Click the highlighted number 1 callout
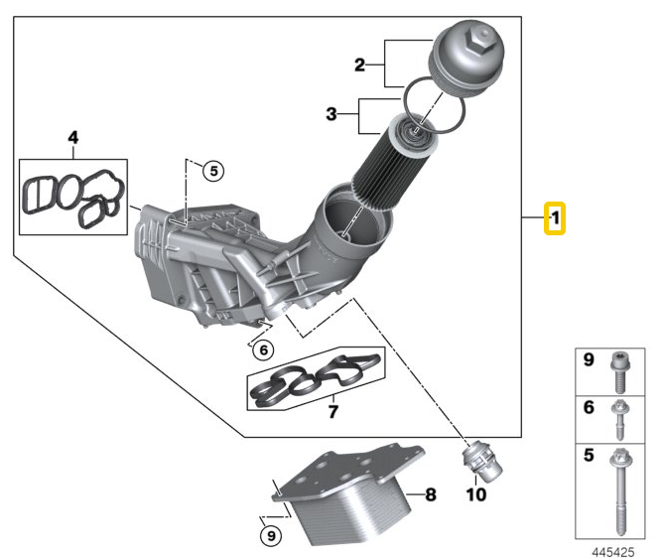click(555, 216)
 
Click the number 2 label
click(359, 66)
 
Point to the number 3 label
click(331, 115)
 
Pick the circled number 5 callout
click(213, 171)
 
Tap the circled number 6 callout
click(261, 349)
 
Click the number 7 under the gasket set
click(333, 410)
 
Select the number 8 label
click(430, 493)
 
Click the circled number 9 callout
click(270, 536)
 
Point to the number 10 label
click(475, 493)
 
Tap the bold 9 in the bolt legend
click(589, 359)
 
